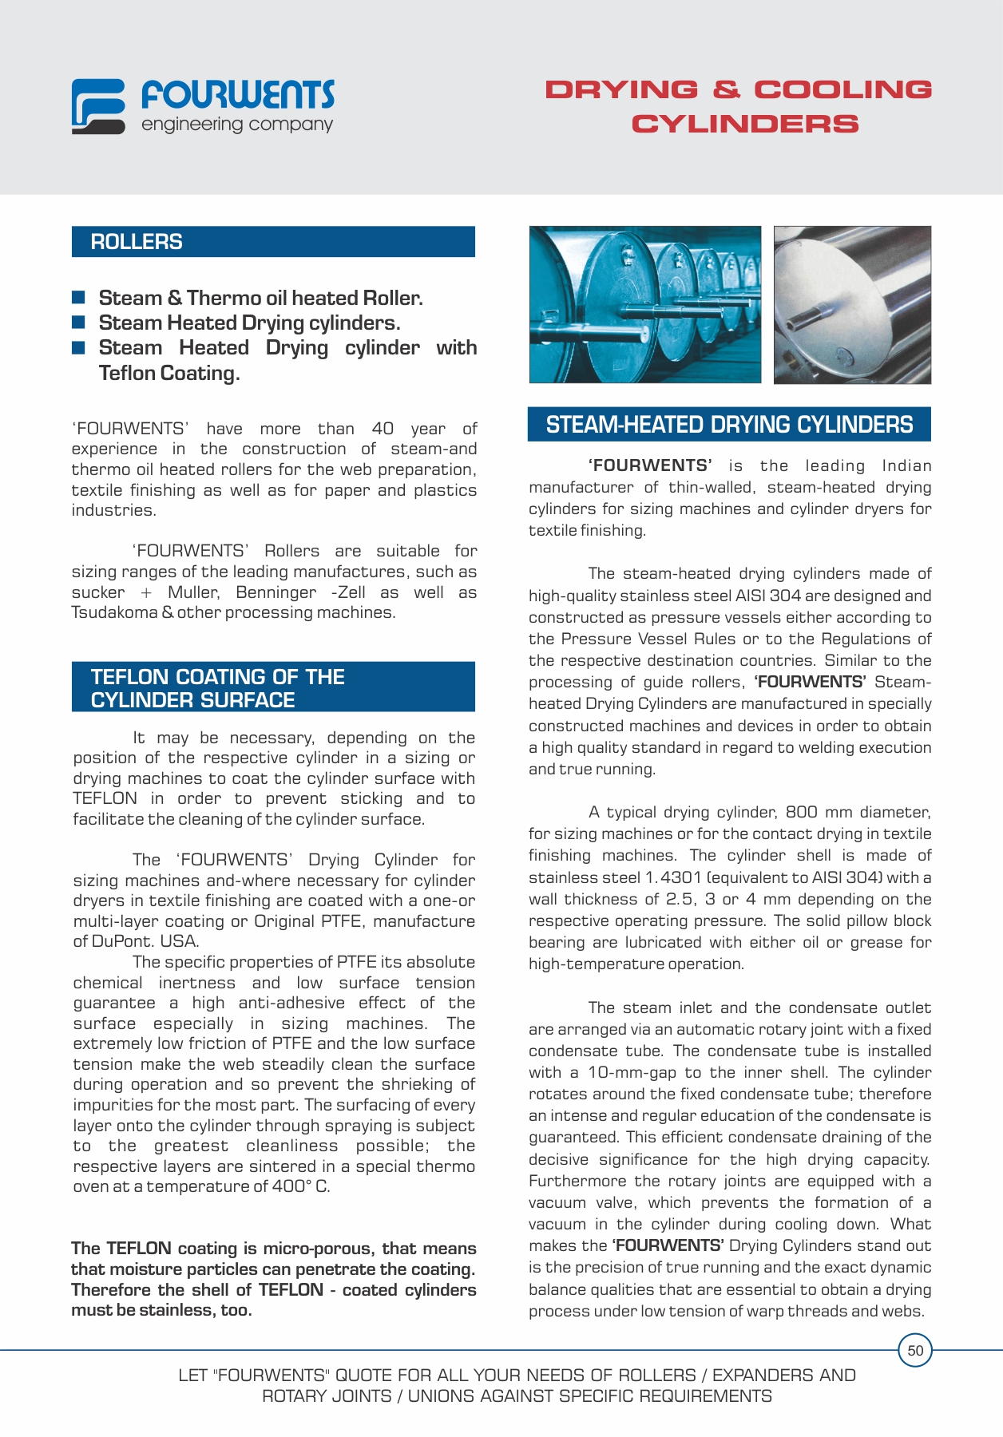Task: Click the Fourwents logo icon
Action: tap(98, 105)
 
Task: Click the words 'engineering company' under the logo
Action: tap(237, 125)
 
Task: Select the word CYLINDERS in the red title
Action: tap(745, 125)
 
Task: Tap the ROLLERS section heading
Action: tap(137, 242)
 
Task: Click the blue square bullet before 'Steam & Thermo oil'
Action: tap(78, 298)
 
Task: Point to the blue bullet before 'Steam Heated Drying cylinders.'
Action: tap(78, 323)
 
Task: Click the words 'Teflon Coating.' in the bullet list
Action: tap(169, 373)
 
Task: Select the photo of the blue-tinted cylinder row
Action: tap(645, 304)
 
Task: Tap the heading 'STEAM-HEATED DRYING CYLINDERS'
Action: tap(729, 425)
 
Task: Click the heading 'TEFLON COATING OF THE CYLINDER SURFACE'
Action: tap(217, 688)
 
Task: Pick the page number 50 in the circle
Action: tap(915, 1351)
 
